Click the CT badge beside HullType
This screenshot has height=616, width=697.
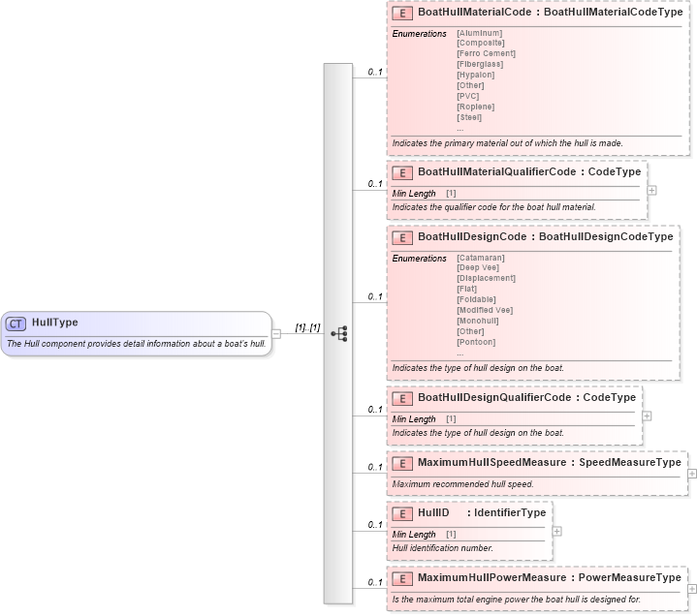pos(16,323)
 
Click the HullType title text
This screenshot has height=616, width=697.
pos(55,323)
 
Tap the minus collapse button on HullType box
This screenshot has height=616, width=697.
pos(276,333)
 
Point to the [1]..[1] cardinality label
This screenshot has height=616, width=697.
pos(307,328)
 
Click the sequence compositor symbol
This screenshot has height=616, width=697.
pos(338,333)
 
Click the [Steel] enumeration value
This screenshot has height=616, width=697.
pos(469,117)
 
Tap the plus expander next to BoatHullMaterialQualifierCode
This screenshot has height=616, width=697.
pos(651,190)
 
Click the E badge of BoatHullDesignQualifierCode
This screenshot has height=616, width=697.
pos(401,398)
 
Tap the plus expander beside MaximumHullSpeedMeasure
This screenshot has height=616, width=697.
pos(692,474)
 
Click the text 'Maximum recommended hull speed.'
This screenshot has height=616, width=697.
pos(462,484)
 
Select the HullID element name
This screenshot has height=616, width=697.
pos(433,512)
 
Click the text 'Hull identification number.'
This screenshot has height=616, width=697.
pos(442,548)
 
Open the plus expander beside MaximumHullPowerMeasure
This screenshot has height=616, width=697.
pos(692,589)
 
